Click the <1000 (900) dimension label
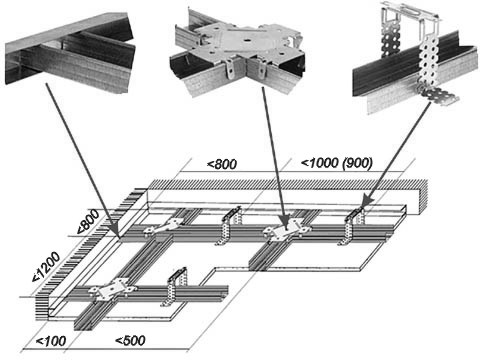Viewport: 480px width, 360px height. [x=337, y=163]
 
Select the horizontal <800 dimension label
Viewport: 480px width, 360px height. [x=222, y=164]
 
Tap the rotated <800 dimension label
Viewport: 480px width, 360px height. [x=88, y=221]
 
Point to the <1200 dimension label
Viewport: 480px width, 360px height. [x=47, y=267]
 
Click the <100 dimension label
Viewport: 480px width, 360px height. [x=51, y=341]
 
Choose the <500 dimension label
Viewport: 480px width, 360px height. [x=130, y=340]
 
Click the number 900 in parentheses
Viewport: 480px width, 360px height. [x=358, y=163]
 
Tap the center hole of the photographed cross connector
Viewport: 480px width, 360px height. [x=246, y=41]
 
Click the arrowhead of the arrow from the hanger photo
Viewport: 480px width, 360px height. [x=367, y=201]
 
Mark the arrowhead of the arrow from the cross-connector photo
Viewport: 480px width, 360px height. [x=284, y=224]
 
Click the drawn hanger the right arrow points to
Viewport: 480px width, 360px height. [x=354, y=226]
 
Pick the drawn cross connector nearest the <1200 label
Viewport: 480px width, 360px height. [x=112, y=289]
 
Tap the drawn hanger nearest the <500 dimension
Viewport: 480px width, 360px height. [x=174, y=286]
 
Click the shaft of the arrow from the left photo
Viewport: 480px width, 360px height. [x=81, y=158]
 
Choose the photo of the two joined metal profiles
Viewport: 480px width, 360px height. [x=71, y=54]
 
